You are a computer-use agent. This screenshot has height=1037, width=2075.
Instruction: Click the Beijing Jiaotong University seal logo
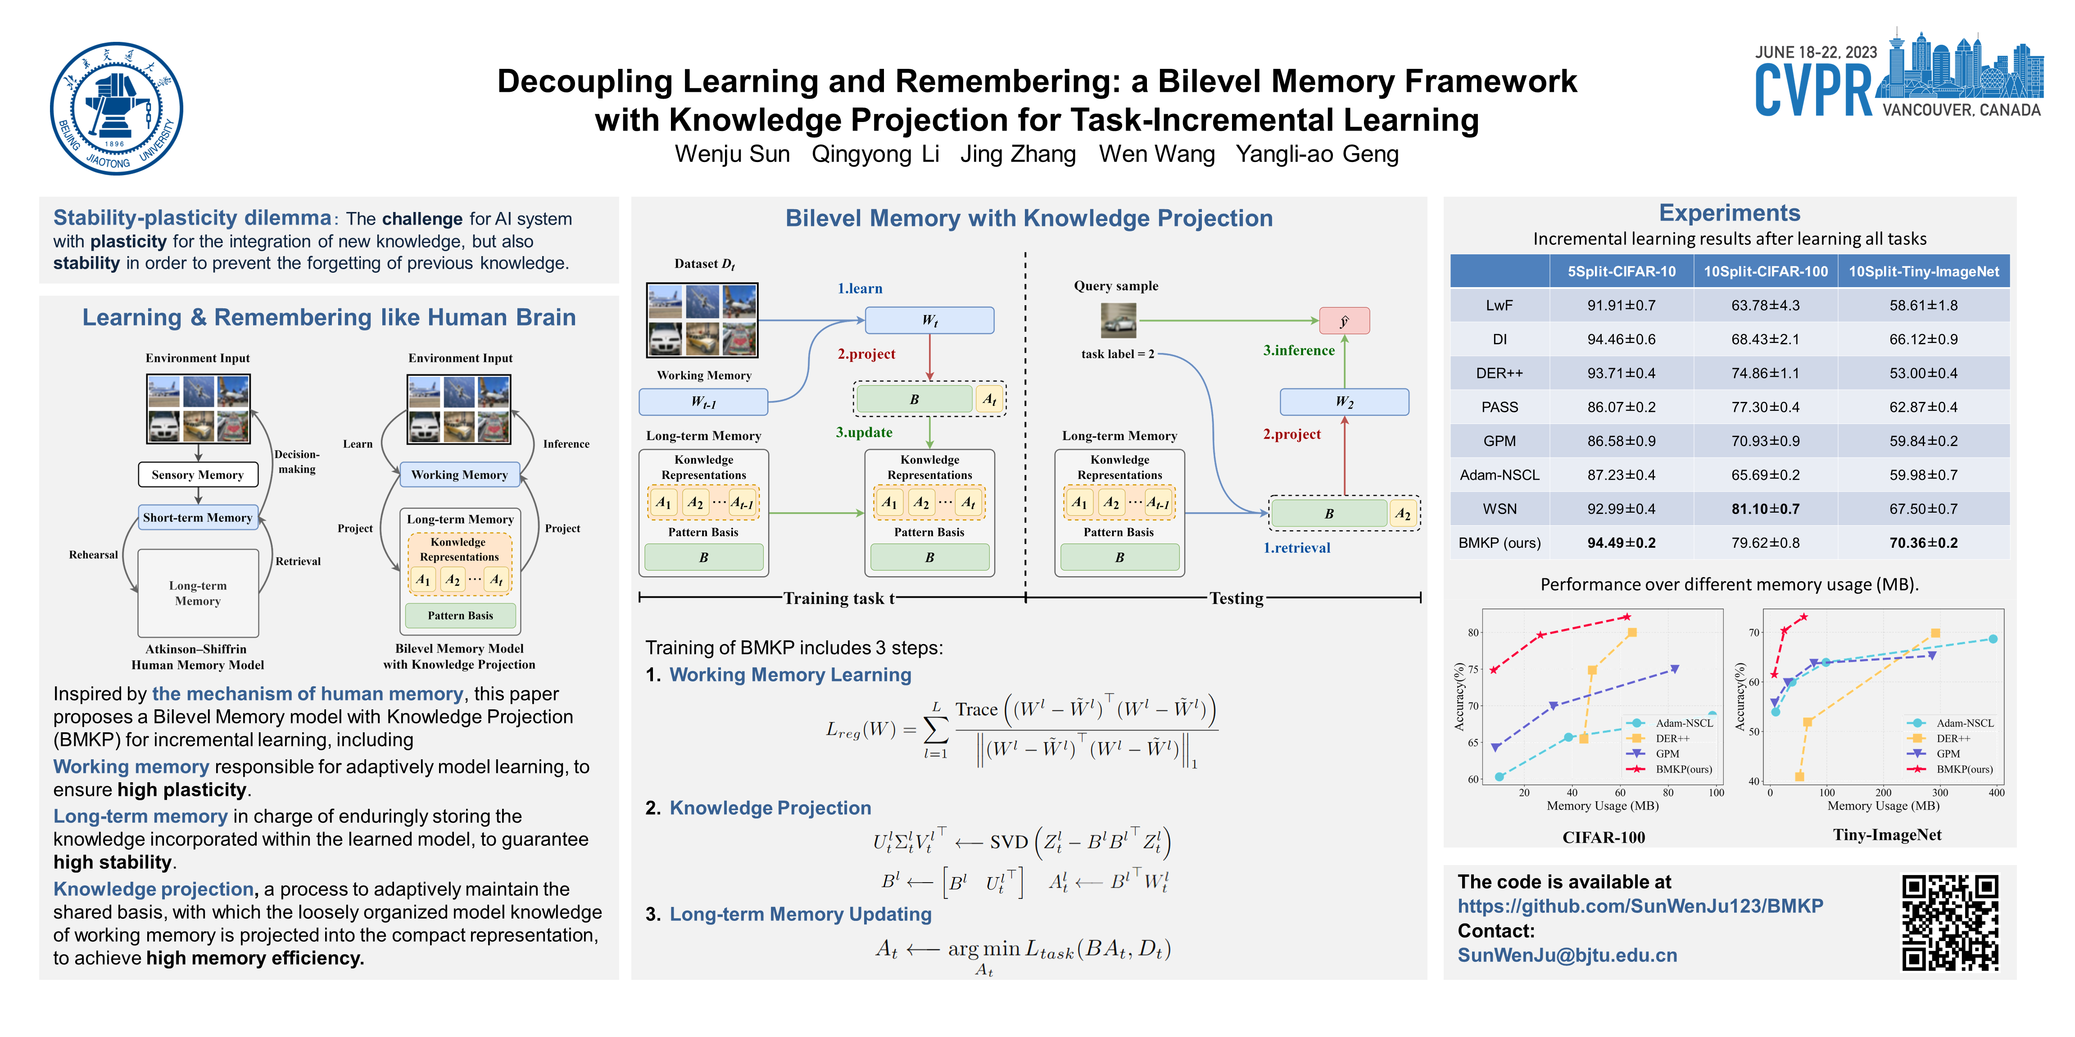tap(116, 108)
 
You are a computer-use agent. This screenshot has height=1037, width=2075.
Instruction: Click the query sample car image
tap(1118, 320)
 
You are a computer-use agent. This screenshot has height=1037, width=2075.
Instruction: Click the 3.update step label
tap(864, 433)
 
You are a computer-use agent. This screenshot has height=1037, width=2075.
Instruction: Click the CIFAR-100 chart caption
tap(1603, 837)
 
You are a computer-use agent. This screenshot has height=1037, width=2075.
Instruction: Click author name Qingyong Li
tap(875, 154)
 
